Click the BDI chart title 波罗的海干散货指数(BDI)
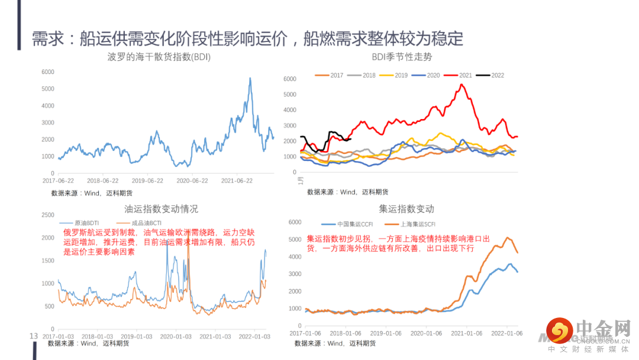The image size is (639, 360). pos(159,57)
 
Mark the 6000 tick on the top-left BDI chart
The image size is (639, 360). pos(48,72)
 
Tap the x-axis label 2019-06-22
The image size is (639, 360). pos(147,181)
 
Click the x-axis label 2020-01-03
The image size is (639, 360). pos(175,336)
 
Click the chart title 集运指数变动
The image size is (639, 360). pos(406,209)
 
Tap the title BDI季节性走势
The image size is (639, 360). pos(402,57)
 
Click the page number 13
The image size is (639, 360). pos(34,336)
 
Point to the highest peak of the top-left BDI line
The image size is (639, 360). pos(250,78)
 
